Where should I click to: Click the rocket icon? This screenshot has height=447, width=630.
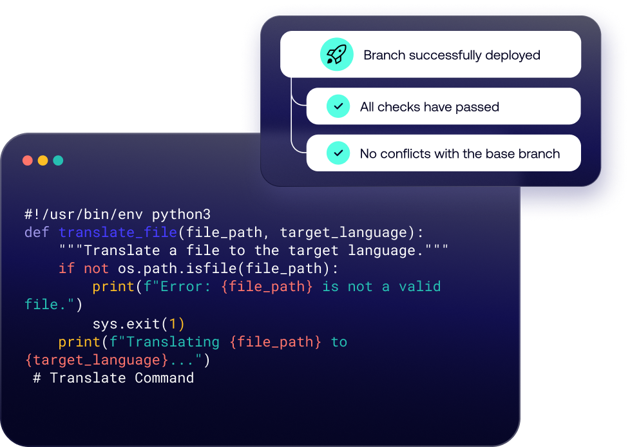tap(336, 55)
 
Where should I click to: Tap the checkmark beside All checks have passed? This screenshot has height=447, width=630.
tap(338, 106)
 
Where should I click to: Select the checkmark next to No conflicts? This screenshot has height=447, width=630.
tap(338, 153)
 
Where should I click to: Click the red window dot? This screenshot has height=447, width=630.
tap(28, 160)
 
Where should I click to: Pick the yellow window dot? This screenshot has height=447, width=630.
tap(43, 160)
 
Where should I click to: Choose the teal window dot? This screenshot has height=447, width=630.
tap(58, 160)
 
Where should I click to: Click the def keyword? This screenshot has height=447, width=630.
tap(37, 232)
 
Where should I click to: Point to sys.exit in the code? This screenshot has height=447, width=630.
tap(122, 323)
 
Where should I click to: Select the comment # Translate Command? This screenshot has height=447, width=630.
tap(113, 377)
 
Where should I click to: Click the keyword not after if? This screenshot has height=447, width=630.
tap(96, 268)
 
